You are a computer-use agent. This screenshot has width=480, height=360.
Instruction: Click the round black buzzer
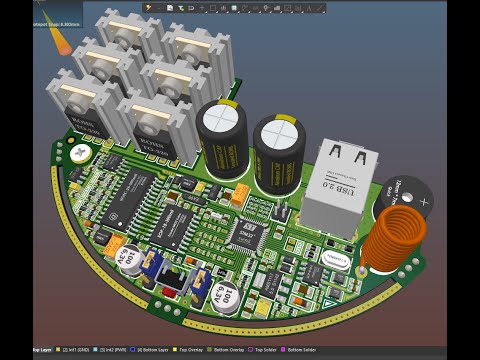(409, 198)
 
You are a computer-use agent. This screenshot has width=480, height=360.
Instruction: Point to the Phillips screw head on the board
(78, 153)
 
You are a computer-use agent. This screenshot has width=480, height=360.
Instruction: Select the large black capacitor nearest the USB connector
(279, 150)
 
